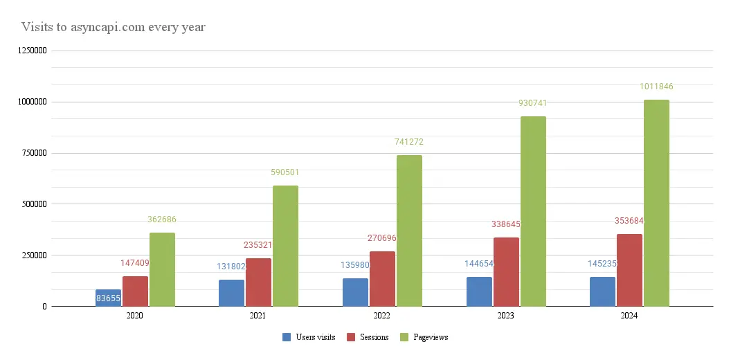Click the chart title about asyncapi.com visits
pos(113,28)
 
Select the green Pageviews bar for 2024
pos(656,203)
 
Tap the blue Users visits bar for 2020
pos(108,298)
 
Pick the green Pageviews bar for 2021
pos(285,246)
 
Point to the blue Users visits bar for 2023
pos(479,291)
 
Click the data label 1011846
pos(656,87)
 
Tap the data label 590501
pos(285,172)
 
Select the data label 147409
pos(135,263)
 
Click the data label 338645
pos(506,224)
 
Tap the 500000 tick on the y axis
pos(31,204)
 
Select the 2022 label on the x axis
pos(382,315)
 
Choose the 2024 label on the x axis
pos(629,315)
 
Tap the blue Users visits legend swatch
pos(287,337)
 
